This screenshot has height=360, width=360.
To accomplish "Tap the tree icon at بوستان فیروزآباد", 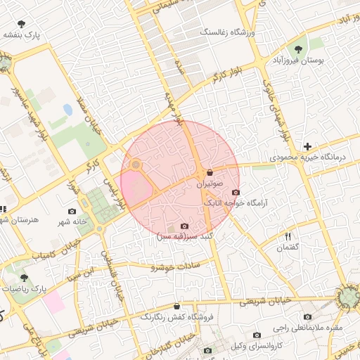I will (300, 49).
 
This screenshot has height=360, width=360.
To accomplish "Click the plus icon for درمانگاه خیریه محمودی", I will (307, 146).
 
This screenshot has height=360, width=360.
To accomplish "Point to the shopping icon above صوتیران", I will (210, 172).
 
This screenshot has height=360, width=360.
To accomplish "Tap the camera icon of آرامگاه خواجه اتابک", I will (235, 192).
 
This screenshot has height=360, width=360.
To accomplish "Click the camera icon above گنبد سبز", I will (184, 226).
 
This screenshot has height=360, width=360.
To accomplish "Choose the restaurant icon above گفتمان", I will (288, 236).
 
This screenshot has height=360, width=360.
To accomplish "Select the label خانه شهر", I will (73, 221).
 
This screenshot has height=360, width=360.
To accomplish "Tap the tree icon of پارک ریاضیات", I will (25, 278).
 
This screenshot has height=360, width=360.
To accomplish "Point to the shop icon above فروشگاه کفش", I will (176, 307).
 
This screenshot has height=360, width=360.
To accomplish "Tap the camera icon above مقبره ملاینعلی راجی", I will (308, 317).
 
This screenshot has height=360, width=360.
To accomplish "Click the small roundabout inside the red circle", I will (136, 165).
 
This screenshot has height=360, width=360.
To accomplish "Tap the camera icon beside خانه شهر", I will (72, 211).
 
